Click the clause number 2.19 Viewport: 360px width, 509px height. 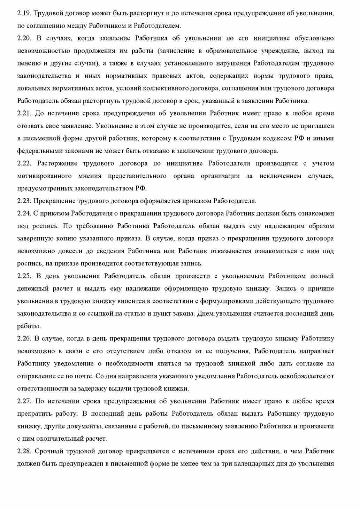coord(24,13)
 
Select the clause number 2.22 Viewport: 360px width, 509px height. coord(24,163)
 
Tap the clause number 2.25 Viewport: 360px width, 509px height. coord(24,276)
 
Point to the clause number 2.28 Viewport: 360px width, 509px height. coord(24,451)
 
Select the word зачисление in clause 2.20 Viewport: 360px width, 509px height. coord(177,51)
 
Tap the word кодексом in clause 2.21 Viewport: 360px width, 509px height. coord(276,138)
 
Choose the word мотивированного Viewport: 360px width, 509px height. coord(44,176)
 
